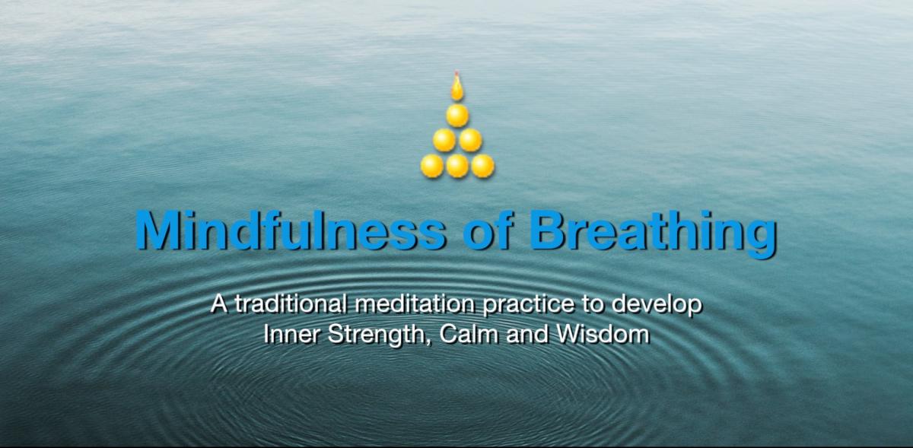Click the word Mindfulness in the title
pyautogui.click(x=290, y=230)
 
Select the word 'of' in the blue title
pyautogui.click(x=487, y=230)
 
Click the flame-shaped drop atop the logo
pyautogui.click(x=457, y=87)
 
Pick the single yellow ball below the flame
pyautogui.click(x=457, y=116)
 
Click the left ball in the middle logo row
pyautogui.click(x=444, y=140)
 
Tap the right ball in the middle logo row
pyautogui.click(x=470, y=140)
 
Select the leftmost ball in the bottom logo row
pyautogui.click(x=431, y=166)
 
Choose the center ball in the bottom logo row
pyautogui.click(x=457, y=166)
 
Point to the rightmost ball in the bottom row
pyautogui.click(x=483, y=166)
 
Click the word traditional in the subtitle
pyautogui.click(x=291, y=303)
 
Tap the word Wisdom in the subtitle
pyautogui.click(x=603, y=334)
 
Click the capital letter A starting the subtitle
pyautogui.click(x=219, y=304)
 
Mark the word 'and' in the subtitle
pyautogui.click(x=527, y=334)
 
